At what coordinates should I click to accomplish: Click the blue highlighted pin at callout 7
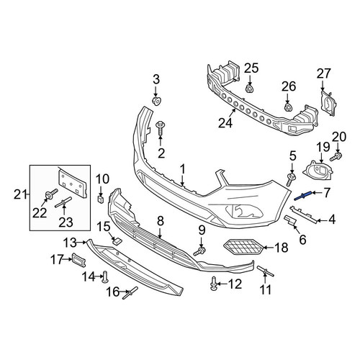pyautogui.click(x=303, y=196)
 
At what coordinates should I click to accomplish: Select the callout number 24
pyautogui.click(x=225, y=123)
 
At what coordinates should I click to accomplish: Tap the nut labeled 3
pyautogui.click(x=157, y=102)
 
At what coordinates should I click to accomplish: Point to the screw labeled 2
pyautogui.click(x=159, y=129)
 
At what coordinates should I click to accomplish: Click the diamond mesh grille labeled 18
pyautogui.click(x=243, y=248)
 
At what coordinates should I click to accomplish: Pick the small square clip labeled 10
pyautogui.click(x=101, y=199)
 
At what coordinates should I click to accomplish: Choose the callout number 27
pyautogui.click(x=323, y=73)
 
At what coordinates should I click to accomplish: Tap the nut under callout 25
pyautogui.click(x=250, y=89)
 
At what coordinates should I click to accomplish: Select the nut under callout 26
pyautogui.click(x=288, y=107)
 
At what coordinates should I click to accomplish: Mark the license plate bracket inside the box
pyautogui.click(x=71, y=183)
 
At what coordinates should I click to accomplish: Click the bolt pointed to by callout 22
pyautogui.click(x=51, y=194)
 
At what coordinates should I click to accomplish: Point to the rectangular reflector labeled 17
pyautogui.click(x=78, y=260)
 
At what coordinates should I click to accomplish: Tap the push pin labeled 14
pyautogui.click(x=106, y=276)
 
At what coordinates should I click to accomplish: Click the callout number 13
pyautogui.click(x=70, y=243)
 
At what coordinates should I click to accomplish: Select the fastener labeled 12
pyautogui.click(x=214, y=284)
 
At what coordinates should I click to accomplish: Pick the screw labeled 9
pyautogui.click(x=199, y=252)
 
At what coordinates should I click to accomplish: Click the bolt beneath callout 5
pyautogui.click(x=291, y=180)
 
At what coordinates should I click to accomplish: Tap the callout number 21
pyautogui.click(x=20, y=194)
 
